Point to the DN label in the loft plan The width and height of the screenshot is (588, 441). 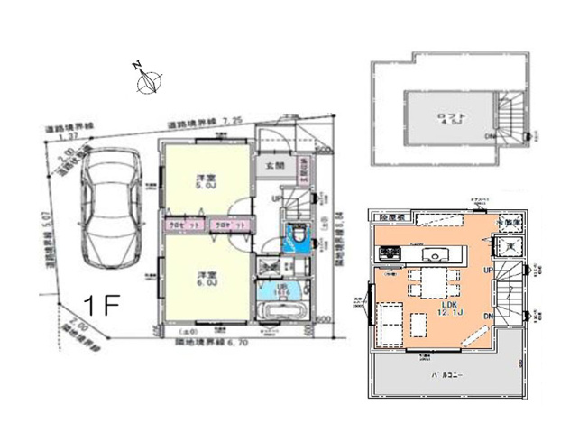coord(492,137)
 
